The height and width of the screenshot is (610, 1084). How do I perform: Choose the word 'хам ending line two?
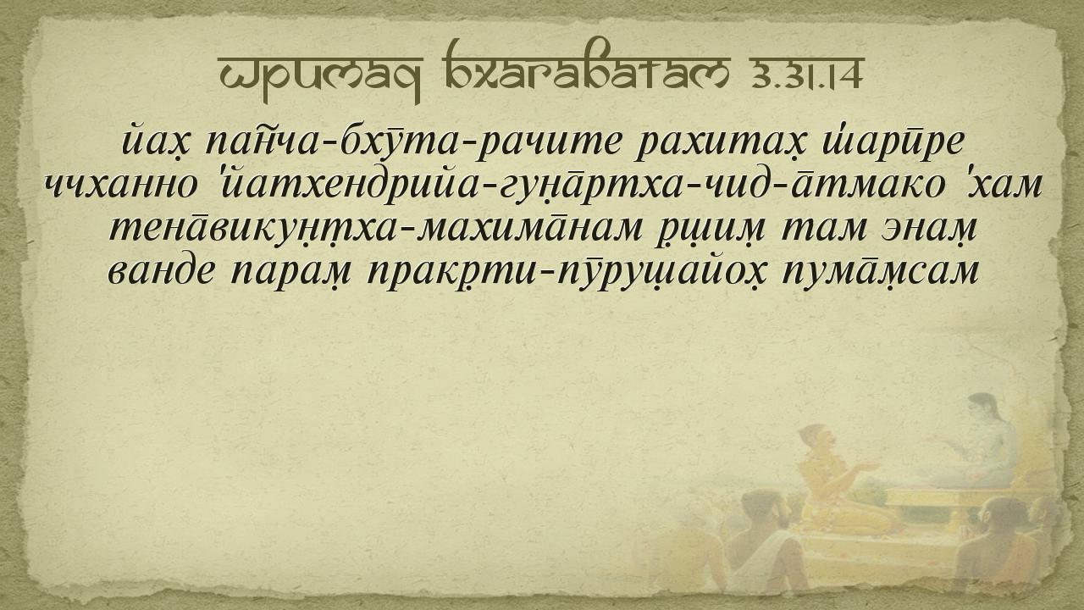click(1004, 184)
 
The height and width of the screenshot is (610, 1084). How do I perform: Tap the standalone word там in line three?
click(822, 229)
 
